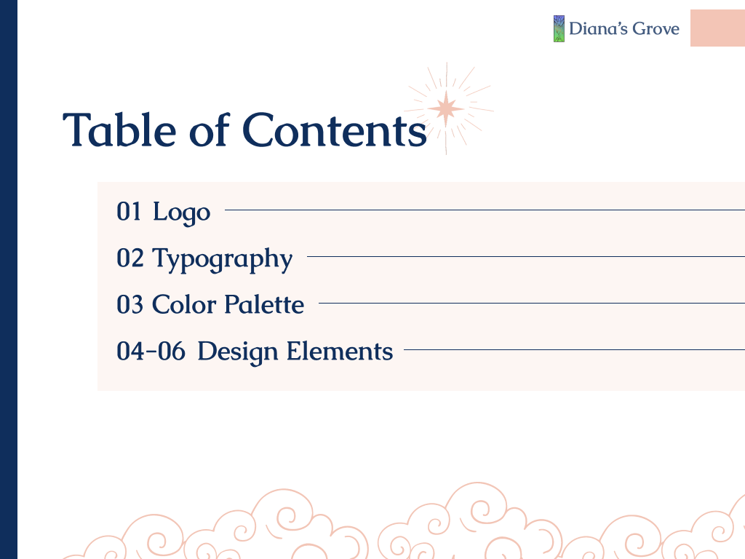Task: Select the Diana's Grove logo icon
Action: [559, 29]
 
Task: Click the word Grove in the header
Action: [654, 29]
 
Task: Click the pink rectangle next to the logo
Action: [717, 28]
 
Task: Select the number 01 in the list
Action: [129, 212]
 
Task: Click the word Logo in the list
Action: [181, 213]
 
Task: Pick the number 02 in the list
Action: [130, 258]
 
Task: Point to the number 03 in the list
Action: [130, 304]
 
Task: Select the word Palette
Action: [264, 304]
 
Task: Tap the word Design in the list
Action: [238, 352]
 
